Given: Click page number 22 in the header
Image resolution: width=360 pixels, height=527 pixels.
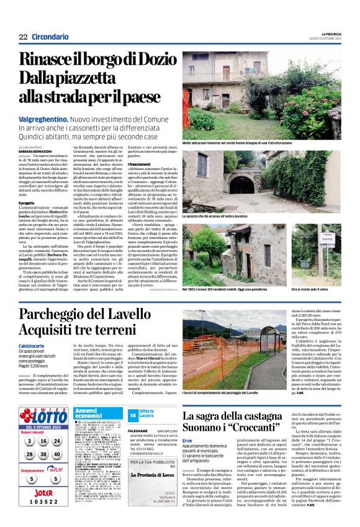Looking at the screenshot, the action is point(23,37).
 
